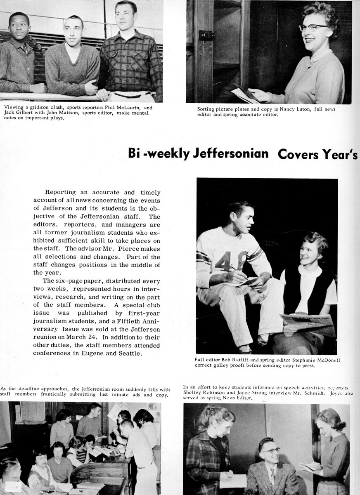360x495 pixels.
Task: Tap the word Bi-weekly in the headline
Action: [158, 153]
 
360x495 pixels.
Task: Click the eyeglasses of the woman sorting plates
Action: [313, 27]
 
